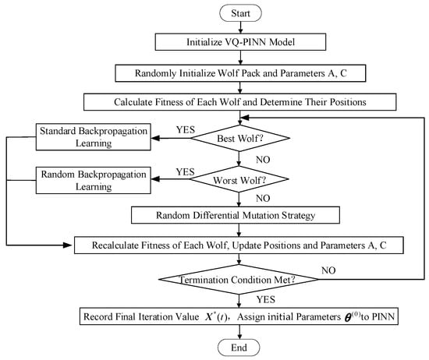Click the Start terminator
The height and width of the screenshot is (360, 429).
(x=240, y=13)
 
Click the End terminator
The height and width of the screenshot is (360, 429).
(x=239, y=348)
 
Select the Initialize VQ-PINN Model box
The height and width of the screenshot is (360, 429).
(x=240, y=42)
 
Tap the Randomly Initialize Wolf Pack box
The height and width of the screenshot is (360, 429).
(x=240, y=73)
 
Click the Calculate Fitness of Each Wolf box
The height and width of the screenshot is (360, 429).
(x=240, y=102)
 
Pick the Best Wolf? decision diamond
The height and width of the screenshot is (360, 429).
(x=240, y=138)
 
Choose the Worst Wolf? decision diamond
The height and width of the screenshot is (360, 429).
(x=239, y=179)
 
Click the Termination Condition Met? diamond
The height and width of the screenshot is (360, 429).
(x=239, y=280)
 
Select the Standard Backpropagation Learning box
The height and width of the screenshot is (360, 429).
(x=94, y=137)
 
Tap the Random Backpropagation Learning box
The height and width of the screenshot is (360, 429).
(x=94, y=181)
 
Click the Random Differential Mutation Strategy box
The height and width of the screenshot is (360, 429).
(x=236, y=215)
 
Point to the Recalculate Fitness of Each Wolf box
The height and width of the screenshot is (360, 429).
(x=239, y=245)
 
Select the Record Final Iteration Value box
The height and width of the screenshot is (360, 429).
(x=239, y=316)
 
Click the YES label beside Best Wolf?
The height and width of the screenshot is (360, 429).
(x=186, y=129)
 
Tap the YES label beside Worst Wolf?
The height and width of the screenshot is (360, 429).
(x=185, y=172)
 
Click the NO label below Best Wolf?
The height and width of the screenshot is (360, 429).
(x=263, y=160)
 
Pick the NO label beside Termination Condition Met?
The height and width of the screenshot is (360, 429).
(x=328, y=270)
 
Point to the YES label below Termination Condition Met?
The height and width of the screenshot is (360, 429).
(x=266, y=299)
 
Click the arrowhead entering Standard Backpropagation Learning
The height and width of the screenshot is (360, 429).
(x=155, y=138)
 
